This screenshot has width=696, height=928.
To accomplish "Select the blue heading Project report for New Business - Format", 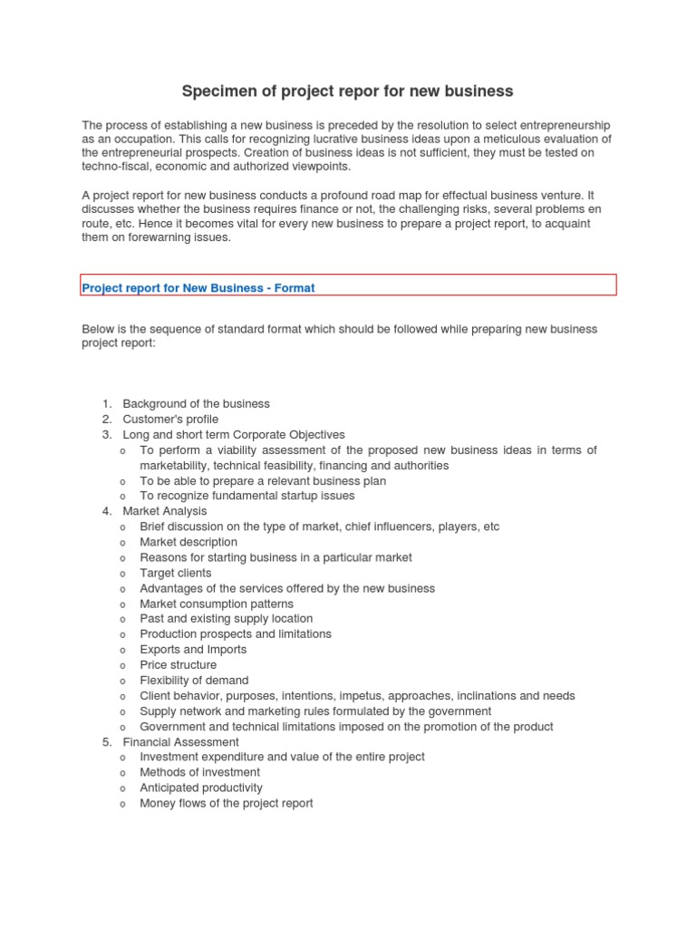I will (x=198, y=288).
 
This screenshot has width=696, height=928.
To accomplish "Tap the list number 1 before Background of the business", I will (x=105, y=403).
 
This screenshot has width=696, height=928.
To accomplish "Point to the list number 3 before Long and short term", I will (x=105, y=434).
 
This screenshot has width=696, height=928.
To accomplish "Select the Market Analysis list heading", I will (x=165, y=511).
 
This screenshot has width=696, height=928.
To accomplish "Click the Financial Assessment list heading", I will (x=181, y=741).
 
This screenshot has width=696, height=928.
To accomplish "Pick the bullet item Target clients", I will (x=175, y=573).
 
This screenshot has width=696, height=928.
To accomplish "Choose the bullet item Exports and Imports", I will (x=193, y=649).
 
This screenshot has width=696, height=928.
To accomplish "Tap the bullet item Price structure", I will (x=178, y=664).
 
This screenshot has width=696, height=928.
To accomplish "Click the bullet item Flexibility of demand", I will (x=194, y=680).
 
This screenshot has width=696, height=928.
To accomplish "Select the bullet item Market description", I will (x=188, y=542).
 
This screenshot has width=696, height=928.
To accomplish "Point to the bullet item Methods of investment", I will (x=199, y=772).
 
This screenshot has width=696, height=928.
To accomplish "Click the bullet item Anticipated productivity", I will (x=201, y=788).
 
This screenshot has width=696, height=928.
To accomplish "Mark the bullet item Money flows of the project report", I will (x=227, y=803).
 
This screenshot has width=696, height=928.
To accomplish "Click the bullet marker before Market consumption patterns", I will (x=122, y=604).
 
